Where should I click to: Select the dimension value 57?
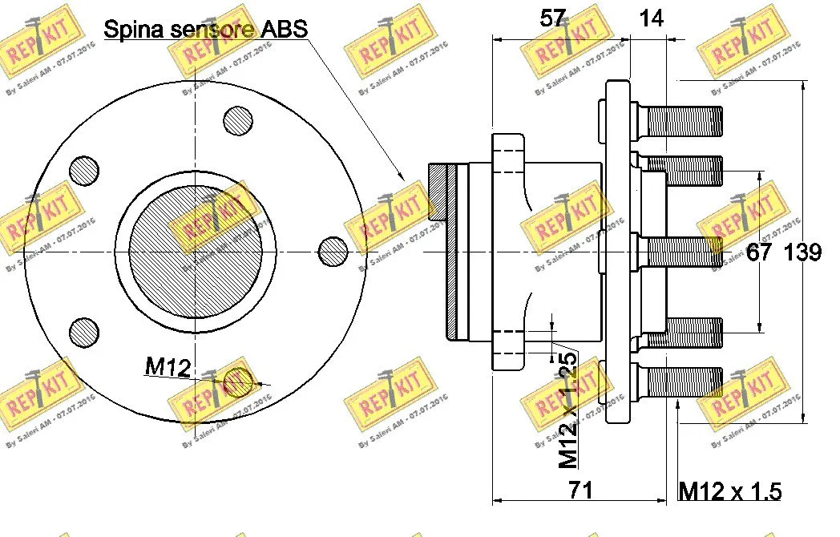(552, 18)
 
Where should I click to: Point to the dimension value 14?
(652, 18)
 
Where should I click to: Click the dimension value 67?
(759, 252)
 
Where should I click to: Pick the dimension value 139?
(802, 252)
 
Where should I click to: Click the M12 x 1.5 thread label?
(729, 491)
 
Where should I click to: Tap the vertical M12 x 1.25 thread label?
(568, 410)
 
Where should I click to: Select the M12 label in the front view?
(168, 367)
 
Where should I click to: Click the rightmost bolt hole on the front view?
(333, 252)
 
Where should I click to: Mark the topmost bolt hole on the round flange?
(238, 121)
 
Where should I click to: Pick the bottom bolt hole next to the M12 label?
(238, 382)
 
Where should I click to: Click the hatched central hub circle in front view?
(194, 252)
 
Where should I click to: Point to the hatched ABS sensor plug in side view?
(442, 252)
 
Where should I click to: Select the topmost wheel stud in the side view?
(681, 120)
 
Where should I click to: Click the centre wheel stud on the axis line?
(681, 252)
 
